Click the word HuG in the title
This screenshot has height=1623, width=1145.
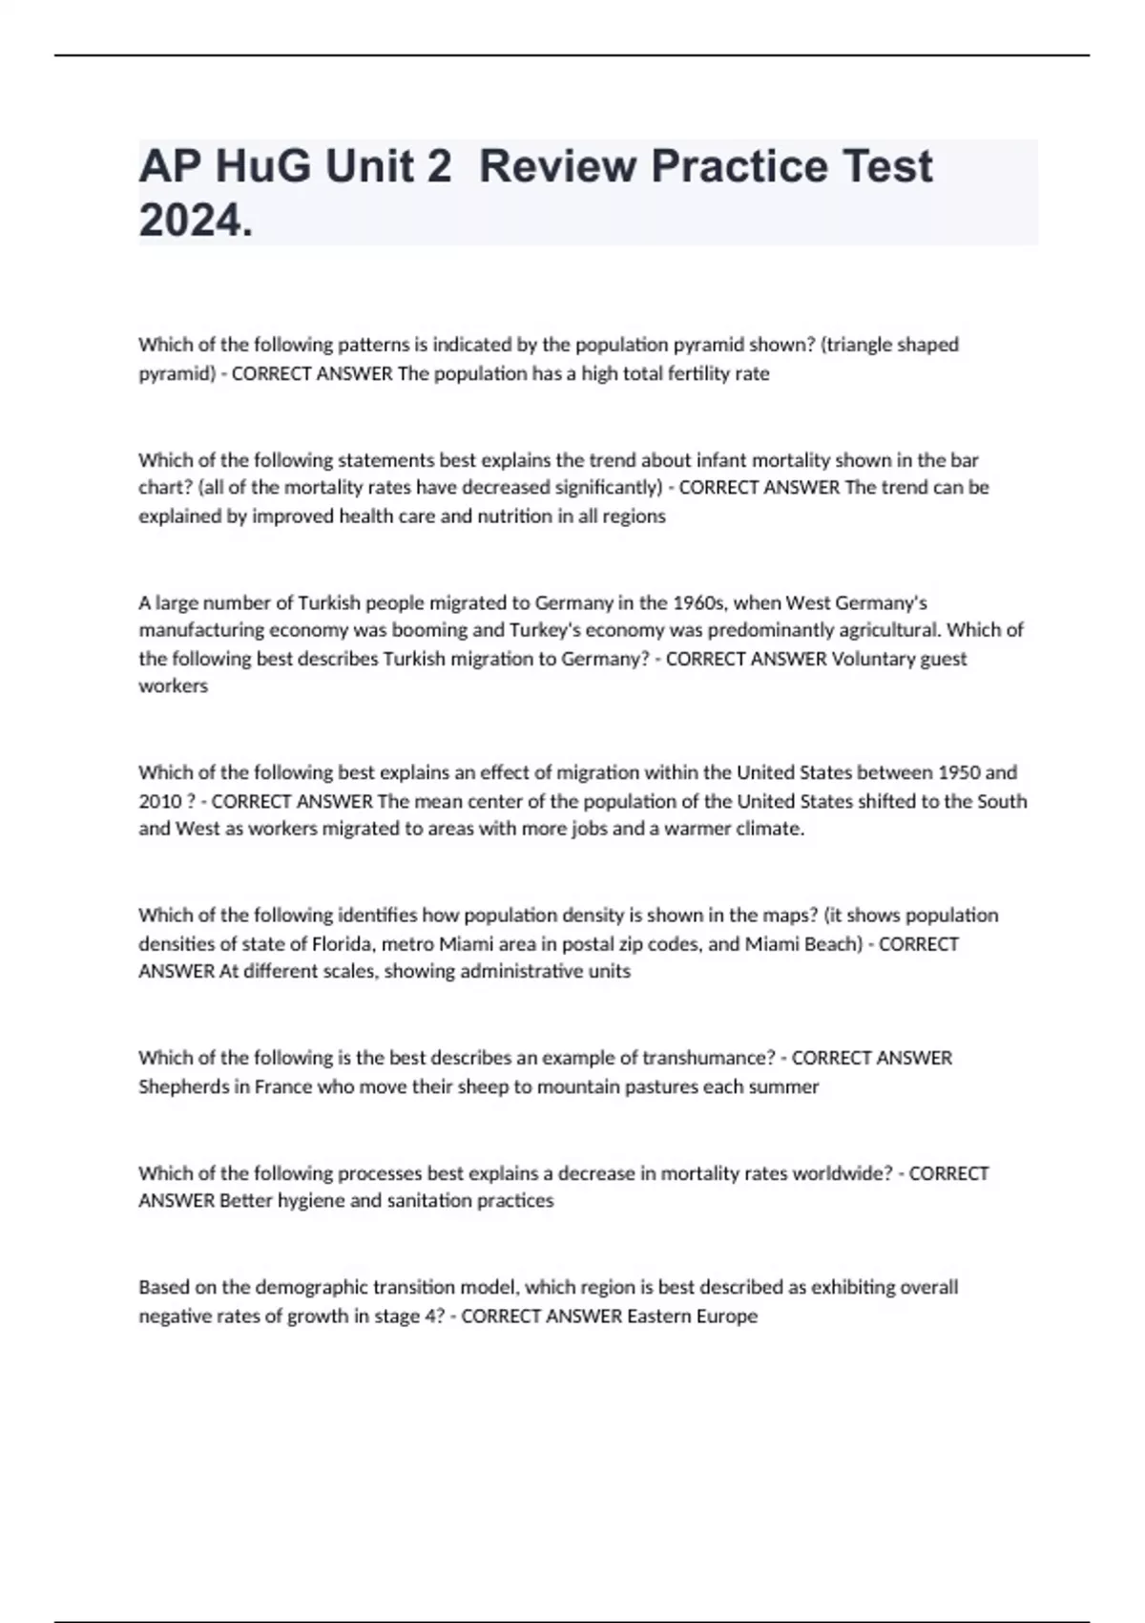(263, 167)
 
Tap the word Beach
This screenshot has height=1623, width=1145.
(829, 944)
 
